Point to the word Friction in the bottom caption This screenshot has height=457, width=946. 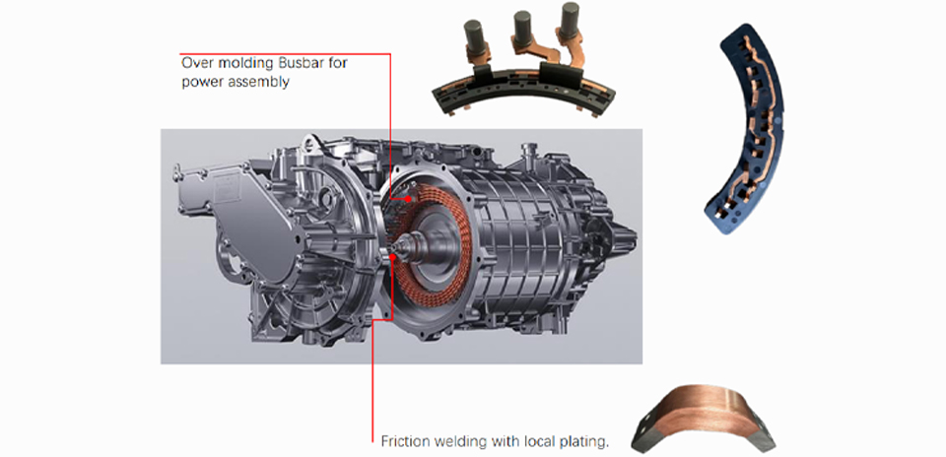click(402, 441)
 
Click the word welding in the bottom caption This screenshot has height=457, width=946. click(452, 442)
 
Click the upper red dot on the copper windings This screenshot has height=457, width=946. click(408, 198)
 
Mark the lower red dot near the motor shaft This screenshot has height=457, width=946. click(393, 257)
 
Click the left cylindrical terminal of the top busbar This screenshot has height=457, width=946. click(473, 36)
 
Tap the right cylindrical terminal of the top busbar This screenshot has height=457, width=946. click(570, 21)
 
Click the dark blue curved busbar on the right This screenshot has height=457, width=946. click(749, 130)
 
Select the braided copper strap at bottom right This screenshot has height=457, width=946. click(704, 415)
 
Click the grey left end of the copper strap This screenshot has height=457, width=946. click(644, 435)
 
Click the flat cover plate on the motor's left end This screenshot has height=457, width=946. click(240, 222)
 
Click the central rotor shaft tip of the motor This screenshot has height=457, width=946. click(398, 246)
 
